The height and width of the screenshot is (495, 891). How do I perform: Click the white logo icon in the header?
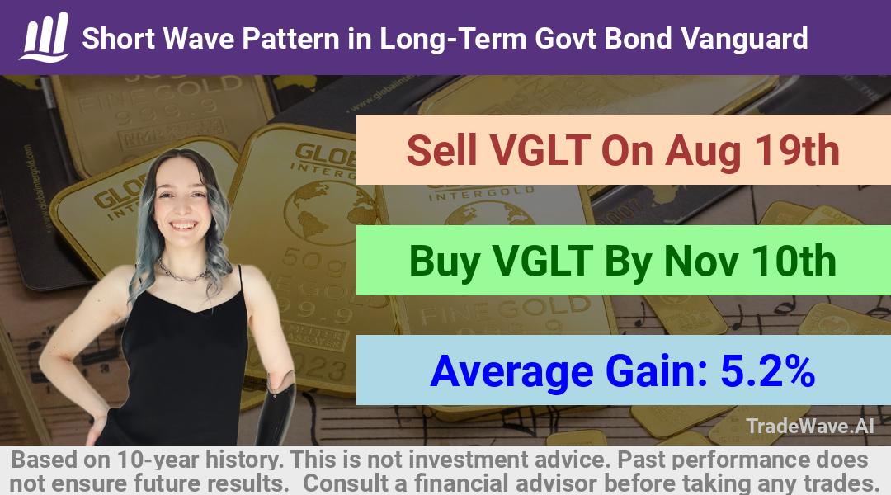point(45,37)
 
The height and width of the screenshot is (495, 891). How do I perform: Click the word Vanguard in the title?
point(744,39)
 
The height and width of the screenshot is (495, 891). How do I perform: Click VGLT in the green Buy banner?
point(542,261)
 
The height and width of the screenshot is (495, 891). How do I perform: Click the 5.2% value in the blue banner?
point(767,370)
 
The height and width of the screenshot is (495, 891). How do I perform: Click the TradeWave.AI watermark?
point(810,426)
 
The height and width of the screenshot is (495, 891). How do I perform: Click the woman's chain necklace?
point(181,273)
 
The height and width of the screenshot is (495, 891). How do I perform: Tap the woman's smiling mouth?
point(182,225)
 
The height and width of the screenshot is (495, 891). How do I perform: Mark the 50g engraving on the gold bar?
point(309,257)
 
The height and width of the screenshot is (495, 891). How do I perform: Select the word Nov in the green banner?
point(701,261)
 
